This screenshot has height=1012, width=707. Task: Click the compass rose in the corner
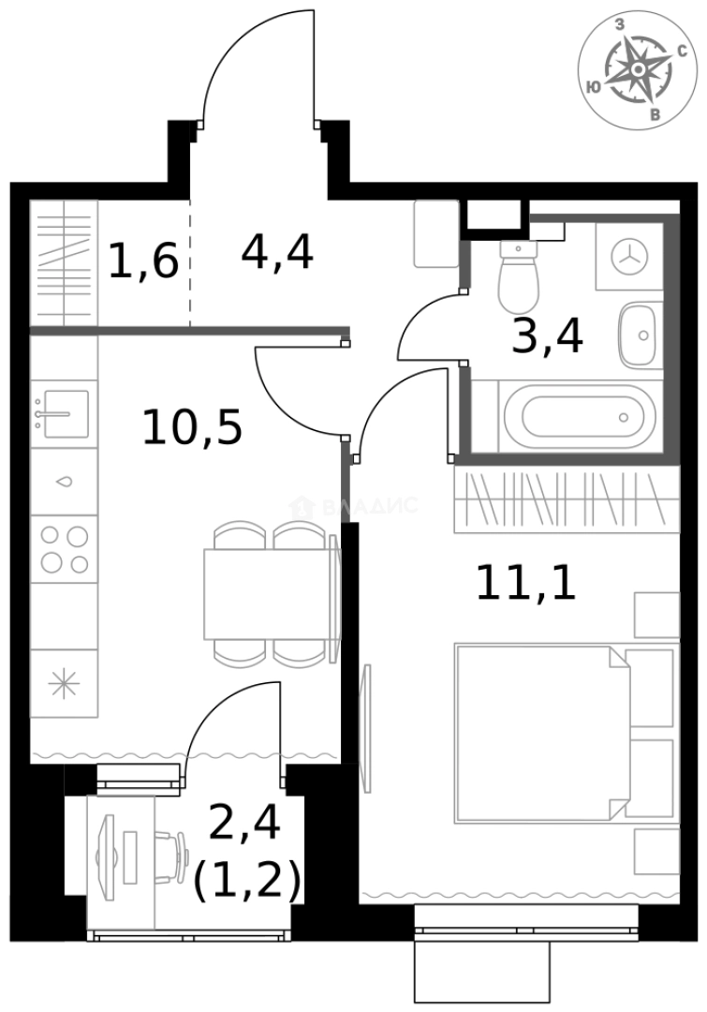tap(637, 71)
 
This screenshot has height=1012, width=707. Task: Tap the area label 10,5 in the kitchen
tap(192, 427)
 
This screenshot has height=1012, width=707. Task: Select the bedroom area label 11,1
tap(524, 582)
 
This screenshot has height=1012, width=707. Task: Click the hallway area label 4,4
tap(276, 251)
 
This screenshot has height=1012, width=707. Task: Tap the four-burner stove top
tap(64, 549)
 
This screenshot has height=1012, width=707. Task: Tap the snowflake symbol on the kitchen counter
tap(64, 685)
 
